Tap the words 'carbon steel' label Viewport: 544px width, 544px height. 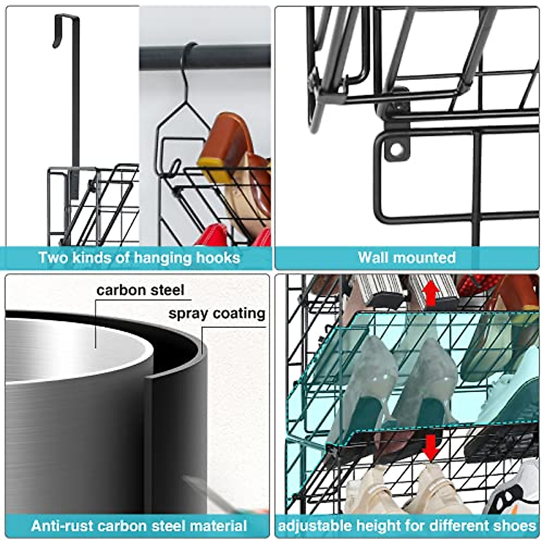click(140, 290)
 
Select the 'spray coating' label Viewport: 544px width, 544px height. click(217, 313)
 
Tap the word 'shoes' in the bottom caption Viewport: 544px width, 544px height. click(515, 526)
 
